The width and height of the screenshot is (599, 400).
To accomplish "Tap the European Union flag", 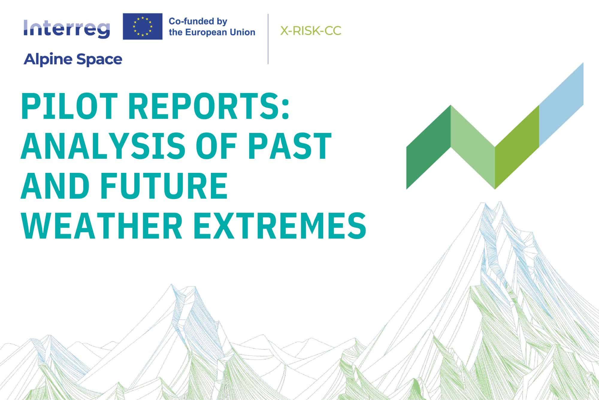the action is click(x=143, y=26).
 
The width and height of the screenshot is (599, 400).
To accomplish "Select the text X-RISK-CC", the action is click(x=311, y=31).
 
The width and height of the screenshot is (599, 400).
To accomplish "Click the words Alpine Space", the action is click(x=73, y=59).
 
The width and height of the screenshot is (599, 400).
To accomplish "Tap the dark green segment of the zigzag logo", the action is click(x=429, y=147).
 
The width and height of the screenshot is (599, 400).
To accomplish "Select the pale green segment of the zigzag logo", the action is click(x=473, y=147).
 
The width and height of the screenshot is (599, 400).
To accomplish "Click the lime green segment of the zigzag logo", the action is click(x=517, y=147).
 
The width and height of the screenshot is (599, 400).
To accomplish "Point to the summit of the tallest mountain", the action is click(x=499, y=202).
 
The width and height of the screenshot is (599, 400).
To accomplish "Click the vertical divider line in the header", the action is click(x=268, y=39).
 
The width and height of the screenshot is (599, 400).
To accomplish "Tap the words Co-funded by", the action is click(x=198, y=22).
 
